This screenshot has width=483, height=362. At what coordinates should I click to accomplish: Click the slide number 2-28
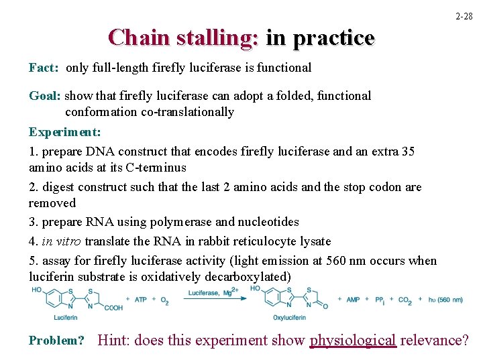(x=464, y=15)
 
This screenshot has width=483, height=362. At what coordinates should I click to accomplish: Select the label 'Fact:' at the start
(x=44, y=68)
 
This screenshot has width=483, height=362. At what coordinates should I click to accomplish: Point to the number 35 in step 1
(x=407, y=152)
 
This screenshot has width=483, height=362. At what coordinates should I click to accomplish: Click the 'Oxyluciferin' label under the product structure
(x=290, y=317)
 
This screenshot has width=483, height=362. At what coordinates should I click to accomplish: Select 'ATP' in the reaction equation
(x=141, y=300)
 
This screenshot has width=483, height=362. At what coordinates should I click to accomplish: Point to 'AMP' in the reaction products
(x=354, y=300)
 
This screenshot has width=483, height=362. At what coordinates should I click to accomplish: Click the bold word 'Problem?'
(x=56, y=341)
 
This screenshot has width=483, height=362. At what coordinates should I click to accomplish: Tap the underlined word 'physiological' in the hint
(x=353, y=341)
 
